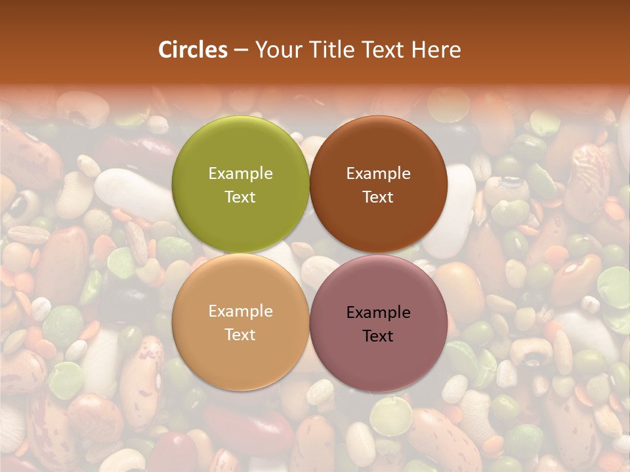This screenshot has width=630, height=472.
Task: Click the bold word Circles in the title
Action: pyautogui.click(x=193, y=50)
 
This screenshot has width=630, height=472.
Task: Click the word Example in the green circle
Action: pyautogui.click(x=240, y=173)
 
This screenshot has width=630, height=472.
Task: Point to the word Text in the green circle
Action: pyautogui.click(x=240, y=197)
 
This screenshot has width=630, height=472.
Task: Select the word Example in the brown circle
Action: pyautogui.click(x=378, y=173)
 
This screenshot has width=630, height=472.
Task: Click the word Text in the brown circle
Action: pyautogui.click(x=378, y=197)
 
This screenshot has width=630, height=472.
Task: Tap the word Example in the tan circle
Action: pyautogui.click(x=240, y=311)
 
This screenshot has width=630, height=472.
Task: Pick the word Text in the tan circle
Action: pyautogui.click(x=240, y=334)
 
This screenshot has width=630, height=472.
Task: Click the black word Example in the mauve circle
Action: pyautogui.click(x=378, y=312)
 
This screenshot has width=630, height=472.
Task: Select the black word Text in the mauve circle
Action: pyautogui.click(x=378, y=336)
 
